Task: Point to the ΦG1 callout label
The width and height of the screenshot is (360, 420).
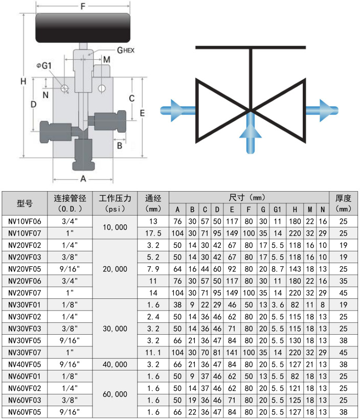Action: tap(44, 65)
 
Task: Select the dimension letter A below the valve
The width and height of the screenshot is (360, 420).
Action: tap(83, 179)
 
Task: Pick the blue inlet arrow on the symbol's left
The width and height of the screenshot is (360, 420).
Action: tap(176, 110)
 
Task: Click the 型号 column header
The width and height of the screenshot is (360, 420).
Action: tap(25, 203)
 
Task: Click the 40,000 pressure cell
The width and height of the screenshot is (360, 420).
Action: tap(115, 364)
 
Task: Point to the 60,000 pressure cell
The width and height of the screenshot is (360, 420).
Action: tap(115, 394)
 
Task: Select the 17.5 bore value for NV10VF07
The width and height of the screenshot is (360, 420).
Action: tap(153, 233)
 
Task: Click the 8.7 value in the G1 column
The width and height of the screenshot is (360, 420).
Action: tap(278, 269)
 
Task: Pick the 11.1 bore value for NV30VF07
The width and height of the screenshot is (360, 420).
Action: tap(153, 353)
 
